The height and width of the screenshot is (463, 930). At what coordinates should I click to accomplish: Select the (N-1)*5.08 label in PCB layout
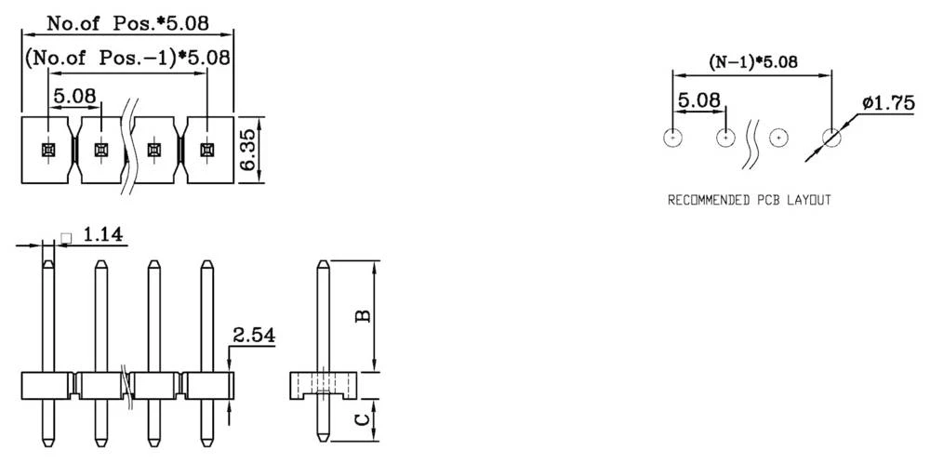pyautogui.click(x=754, y=63)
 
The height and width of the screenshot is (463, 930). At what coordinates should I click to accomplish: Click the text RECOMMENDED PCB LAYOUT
pyautogui.click(x=750, y=200)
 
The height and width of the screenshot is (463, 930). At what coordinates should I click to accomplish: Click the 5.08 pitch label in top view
pyautogui.click(x=73, y=96)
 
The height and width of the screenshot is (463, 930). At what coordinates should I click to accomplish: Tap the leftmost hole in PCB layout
pyautogui.click(x=672, y=138)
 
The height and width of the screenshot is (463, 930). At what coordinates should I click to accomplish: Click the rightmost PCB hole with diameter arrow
pyautogui.click(x=831, y=138)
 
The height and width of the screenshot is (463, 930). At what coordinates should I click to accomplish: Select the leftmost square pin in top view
pyautogui.click(x=47, y=149)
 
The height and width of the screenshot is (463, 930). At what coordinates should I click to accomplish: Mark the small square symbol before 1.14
pyautogui.click(x=65, y=238)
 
